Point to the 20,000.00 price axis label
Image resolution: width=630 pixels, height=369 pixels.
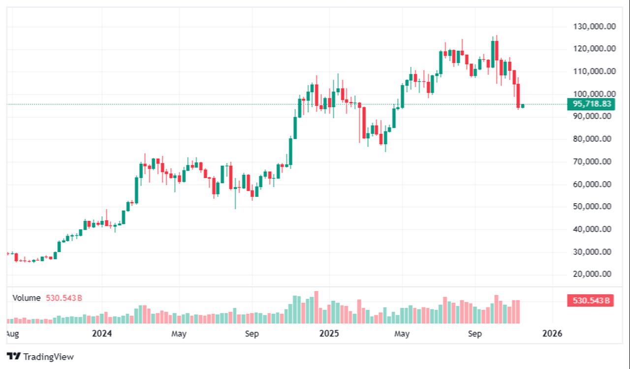click(596, 274)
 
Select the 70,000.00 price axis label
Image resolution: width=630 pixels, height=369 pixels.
click(596, 161)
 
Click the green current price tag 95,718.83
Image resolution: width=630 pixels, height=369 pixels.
click(591, 104)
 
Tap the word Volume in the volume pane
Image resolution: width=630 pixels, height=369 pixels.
click(27, 298)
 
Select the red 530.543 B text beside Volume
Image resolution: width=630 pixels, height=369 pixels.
click(64, 298)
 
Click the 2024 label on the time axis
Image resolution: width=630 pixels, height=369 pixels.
click(102, 334)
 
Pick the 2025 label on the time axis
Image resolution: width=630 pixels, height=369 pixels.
click(329, 334)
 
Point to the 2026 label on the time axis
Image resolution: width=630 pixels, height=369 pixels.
click(552, 334)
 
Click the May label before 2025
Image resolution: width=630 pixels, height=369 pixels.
click(179, 334)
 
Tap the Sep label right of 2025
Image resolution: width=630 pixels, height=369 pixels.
click(474, 334)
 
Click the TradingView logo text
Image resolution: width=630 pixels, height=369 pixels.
click(48, 357)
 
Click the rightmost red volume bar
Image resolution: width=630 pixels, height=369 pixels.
click(518, 311)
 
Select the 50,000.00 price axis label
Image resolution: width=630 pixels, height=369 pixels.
click(596, 207)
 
